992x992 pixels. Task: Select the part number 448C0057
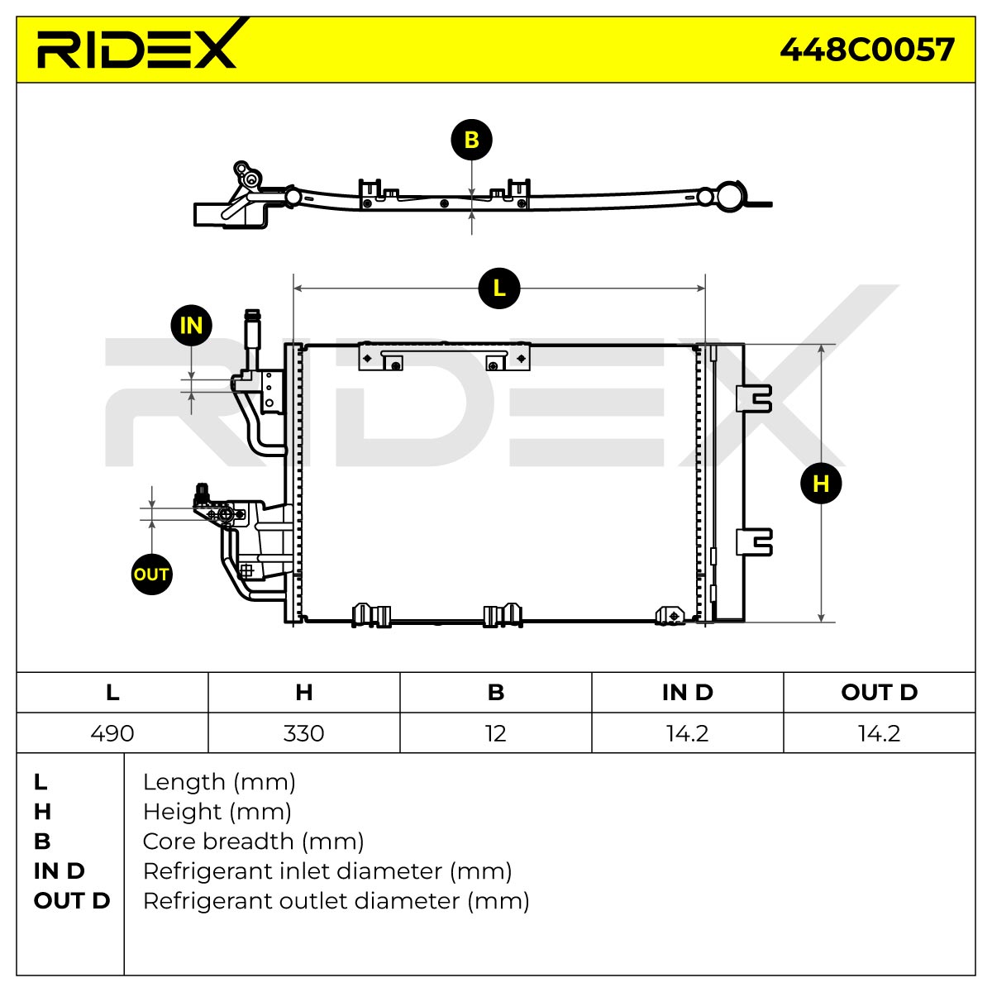coord(867,50)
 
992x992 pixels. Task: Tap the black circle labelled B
coord(471,140)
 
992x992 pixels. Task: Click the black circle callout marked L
coord(498,289)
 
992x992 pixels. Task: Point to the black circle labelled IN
coord(192,326)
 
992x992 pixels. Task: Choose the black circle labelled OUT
coord(151,575)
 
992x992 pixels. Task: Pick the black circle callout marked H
coord(821,484)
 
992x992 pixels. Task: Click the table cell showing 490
coord(112,733)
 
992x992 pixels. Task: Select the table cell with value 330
coord(303,733)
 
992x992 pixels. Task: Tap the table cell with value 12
coord(496,733)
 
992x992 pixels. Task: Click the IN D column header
coord(687,693)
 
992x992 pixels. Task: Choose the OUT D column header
coord(880,693)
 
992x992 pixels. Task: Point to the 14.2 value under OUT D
coord(880,733)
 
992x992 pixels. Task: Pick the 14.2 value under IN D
coord(687,733)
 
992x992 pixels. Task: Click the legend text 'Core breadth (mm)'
coord(253,842)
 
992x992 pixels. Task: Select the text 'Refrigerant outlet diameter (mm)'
coord(336,901)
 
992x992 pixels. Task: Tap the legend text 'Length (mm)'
coord(219,783)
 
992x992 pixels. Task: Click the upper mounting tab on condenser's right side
coord(754,398)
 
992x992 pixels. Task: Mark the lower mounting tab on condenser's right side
coord(754,542)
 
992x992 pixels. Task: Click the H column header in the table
coord(303,693)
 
